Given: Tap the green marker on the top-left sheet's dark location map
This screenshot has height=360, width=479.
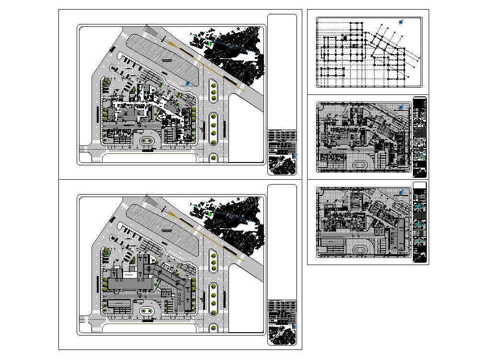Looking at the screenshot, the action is (210, 44).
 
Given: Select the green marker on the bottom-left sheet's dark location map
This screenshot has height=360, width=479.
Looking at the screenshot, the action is (210, 214).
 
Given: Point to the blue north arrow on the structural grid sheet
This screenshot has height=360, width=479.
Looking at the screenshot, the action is (402, 22).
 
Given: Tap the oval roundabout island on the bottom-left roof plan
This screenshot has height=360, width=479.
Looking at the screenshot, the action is (148, 311).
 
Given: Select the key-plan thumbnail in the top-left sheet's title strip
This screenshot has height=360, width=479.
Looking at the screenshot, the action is (283, 164).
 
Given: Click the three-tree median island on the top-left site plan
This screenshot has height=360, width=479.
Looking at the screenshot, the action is (213, 92).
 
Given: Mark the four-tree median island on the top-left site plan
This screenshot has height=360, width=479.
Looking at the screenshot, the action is (213, 128).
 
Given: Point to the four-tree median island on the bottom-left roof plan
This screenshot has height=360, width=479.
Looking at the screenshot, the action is (213, 298).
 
